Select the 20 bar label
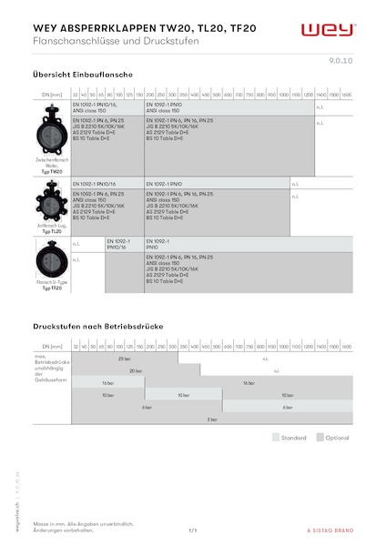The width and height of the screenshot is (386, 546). (x=136, y=371)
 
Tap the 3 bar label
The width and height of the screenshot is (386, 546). (x=212, y=419)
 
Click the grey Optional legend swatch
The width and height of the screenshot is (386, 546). (x=320, y=437)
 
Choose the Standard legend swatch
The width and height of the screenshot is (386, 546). (x=276, y=437)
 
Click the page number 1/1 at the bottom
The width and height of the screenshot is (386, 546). (x=193, y=529)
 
